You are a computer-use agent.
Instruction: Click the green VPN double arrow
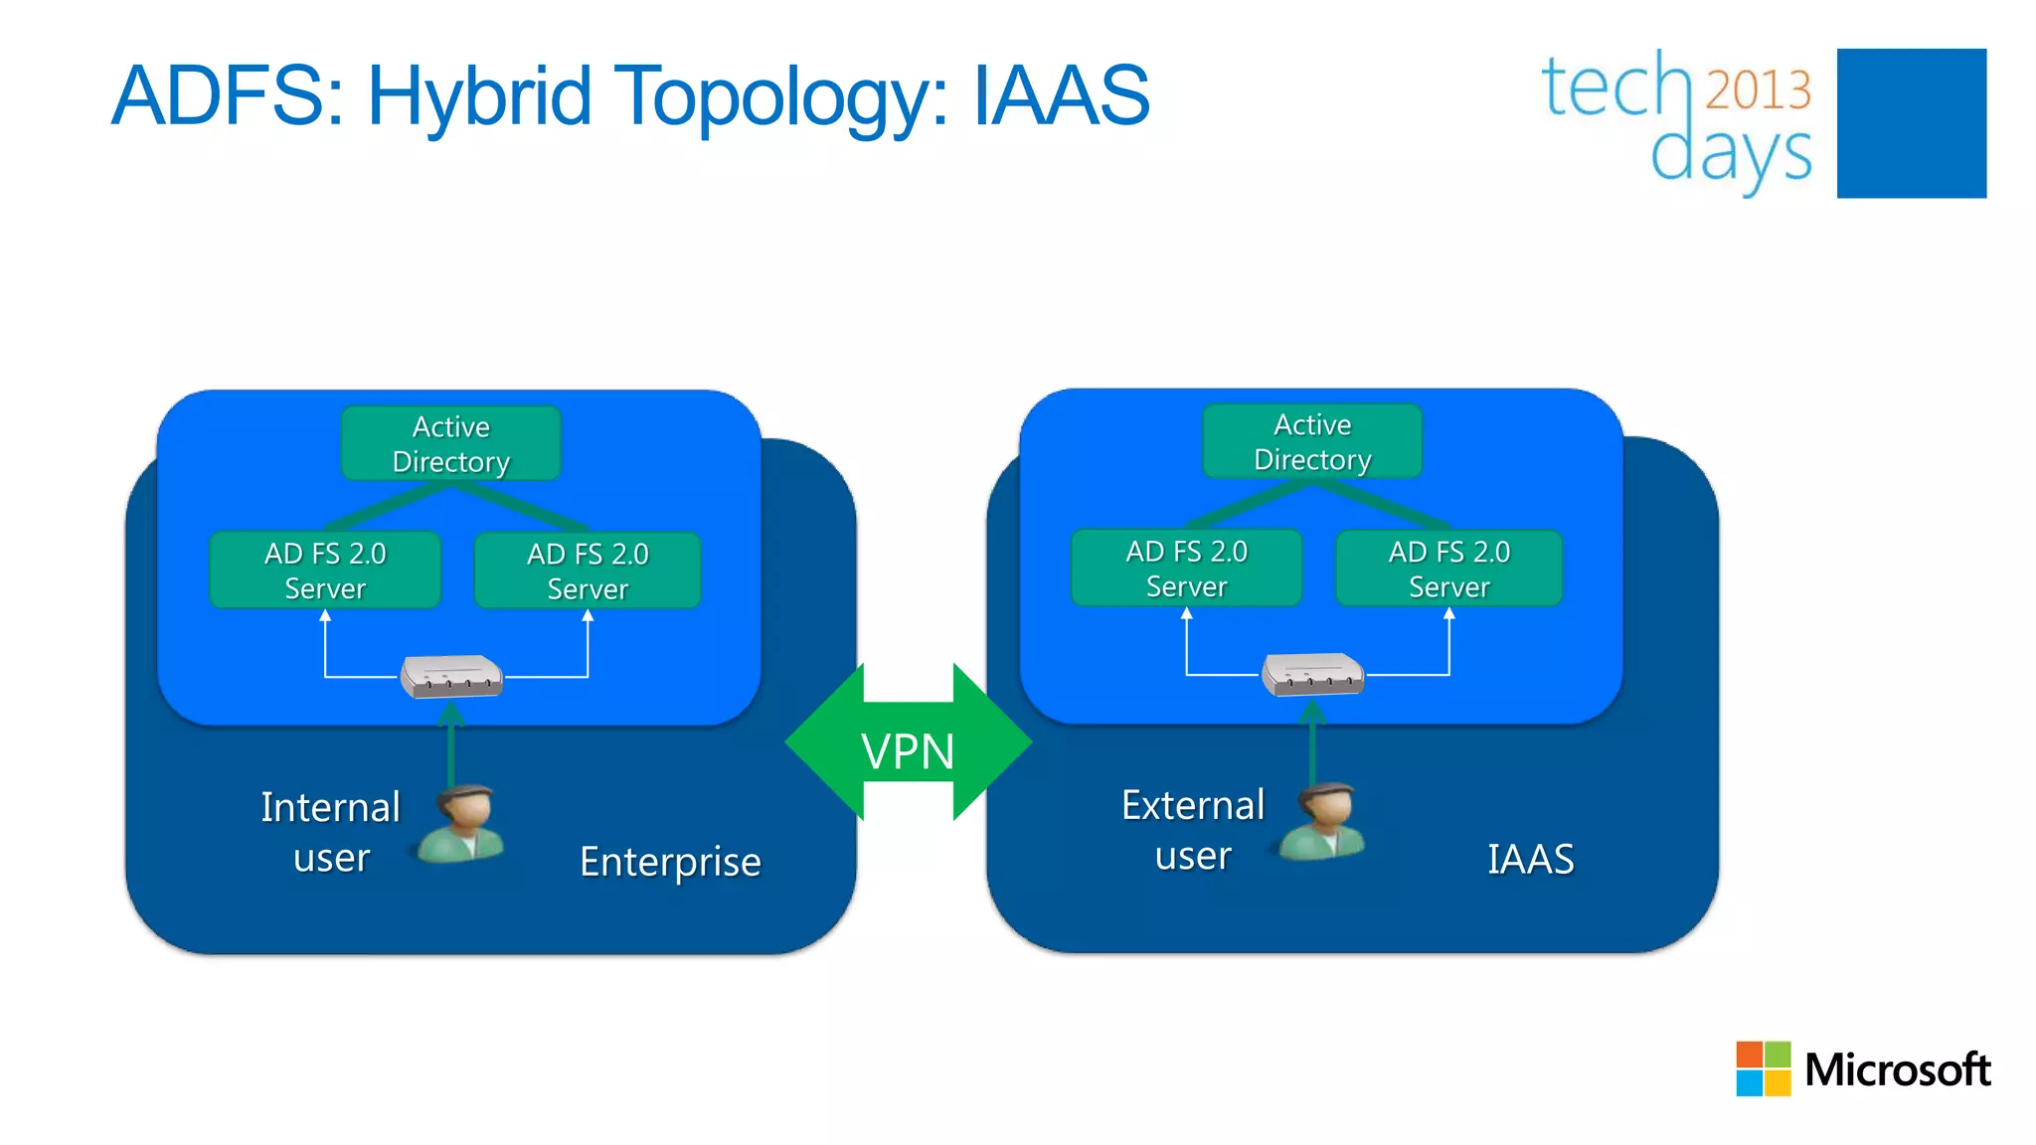[908, 741]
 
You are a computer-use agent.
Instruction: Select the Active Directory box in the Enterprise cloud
[450, 443]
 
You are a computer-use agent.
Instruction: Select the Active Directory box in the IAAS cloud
[1312, 441]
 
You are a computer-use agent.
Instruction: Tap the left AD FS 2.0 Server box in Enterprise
[325, 571]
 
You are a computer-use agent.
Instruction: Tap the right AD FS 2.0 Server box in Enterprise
[588, 571]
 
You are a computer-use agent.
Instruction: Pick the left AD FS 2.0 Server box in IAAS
[1186, 569]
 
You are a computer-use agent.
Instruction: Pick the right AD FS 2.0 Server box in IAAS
[1448, 569]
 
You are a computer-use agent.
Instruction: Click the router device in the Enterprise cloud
[451, 677]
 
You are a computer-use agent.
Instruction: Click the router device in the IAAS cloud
[1312, 675]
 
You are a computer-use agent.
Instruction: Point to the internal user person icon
[461, 824]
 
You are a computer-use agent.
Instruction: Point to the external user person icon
[1323, 822]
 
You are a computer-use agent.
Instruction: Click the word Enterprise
[670, 862]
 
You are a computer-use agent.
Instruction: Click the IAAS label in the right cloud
[1530, 859]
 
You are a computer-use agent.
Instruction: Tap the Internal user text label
[331, 832]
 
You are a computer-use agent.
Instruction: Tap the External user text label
[1193, 830]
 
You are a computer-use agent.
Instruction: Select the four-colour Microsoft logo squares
[1763, 1068]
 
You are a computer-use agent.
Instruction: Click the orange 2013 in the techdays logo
[1758, 90]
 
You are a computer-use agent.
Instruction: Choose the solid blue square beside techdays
[1911, 123]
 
